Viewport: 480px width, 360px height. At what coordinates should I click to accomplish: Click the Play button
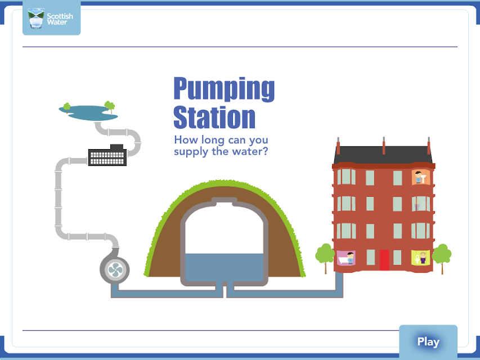click(428, 341)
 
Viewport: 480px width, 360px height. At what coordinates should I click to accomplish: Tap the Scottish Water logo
click(51, 19)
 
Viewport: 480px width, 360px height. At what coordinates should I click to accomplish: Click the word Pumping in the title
click(224, 89)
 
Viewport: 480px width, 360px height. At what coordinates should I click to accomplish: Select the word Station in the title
click(214, 117)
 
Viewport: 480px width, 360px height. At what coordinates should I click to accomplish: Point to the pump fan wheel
click(115, 270)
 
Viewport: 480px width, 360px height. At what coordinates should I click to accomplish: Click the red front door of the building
click(384, 260)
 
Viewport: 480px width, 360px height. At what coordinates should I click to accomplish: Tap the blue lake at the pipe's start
click(88, 112)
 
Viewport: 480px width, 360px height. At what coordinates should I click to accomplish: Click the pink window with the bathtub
click(346, 258)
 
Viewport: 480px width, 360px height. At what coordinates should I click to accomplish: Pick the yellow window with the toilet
click(420, 258)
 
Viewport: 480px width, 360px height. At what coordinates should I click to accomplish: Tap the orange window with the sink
click(420, 177)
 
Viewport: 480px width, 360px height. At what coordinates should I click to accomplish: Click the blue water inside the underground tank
click(225, 267)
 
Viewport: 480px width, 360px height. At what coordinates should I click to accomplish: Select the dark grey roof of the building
click(383, 155)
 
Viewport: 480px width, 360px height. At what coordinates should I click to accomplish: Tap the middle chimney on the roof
click(384, 146)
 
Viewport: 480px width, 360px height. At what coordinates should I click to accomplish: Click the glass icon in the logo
click(36, 19)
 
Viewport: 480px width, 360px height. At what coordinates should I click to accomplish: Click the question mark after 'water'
click(265, 151)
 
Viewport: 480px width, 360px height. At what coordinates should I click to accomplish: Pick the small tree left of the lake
click(67, 107)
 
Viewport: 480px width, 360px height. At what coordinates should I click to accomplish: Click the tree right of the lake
click(110, 106)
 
